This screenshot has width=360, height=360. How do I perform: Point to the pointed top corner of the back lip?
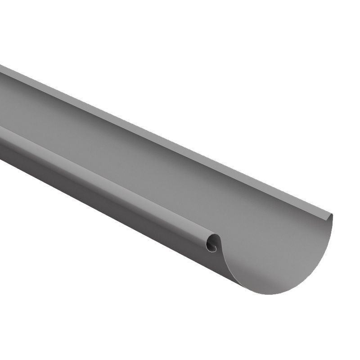(x=332, y=215)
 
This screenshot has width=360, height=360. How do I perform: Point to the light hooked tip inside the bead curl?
(x=213, y=247)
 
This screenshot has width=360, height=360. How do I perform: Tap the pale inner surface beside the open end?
(x=279, y=243)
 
